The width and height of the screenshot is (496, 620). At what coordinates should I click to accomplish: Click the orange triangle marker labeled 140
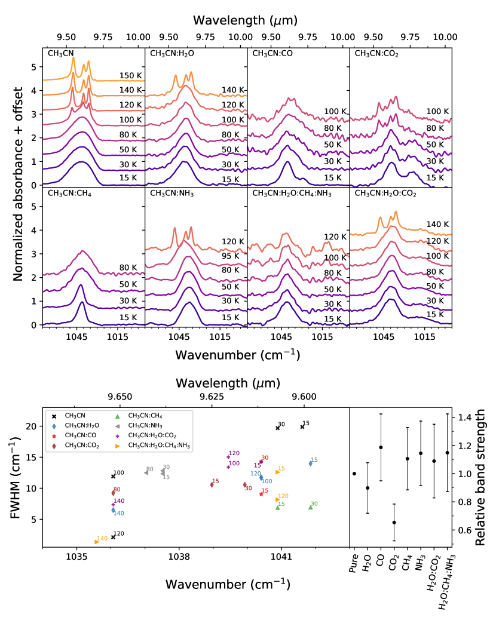[x=96, y=542]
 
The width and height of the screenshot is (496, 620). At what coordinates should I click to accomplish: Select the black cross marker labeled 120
[x=114, y=537]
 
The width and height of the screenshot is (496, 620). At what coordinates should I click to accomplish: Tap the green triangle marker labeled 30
[x=310, y=507]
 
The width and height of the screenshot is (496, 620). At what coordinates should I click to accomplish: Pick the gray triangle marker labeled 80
[x=146, y=472]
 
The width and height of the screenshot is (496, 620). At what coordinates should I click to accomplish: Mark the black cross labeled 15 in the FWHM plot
[x=302, y=426]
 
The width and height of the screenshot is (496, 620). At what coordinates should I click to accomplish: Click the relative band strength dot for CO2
[x=394, y=522]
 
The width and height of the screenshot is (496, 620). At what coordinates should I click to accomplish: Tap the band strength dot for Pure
[x=354, y=474]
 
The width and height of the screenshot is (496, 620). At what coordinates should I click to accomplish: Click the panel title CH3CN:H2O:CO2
[x=385, y=194]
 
